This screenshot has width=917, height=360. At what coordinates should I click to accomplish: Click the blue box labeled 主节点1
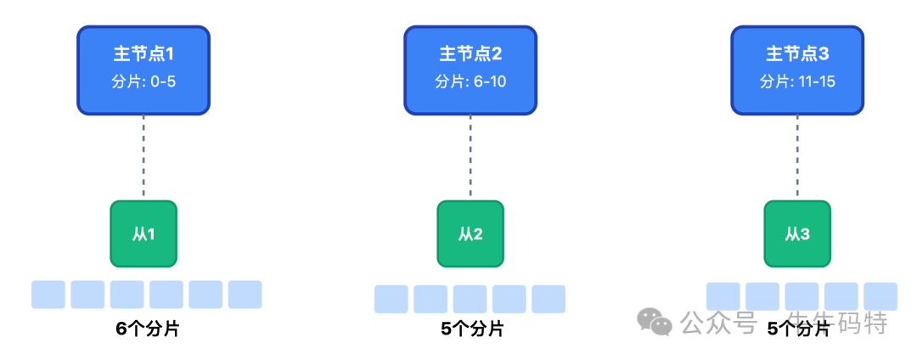(143, 70)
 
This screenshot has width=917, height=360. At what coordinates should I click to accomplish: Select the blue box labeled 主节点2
(470, 70)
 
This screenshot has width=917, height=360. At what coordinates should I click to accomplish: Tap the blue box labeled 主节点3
(797, 70)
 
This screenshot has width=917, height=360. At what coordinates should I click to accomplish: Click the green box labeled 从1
(143, 233)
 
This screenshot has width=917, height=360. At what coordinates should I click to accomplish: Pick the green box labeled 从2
(470, 233)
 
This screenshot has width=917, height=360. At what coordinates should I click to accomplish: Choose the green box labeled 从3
(797, 233)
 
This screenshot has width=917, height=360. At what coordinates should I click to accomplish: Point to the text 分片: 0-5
(143, 82)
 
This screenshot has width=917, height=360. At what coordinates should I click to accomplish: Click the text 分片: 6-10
(470, 82)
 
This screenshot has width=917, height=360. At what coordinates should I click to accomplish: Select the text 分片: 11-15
(797, 82)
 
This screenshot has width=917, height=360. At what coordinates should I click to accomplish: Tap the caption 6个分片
(147, 329)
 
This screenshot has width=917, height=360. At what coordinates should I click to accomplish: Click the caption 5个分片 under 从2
(472, 329)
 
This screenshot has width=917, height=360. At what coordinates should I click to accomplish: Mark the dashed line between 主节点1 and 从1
(143, 157)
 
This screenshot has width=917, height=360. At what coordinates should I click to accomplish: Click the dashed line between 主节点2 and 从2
(470, 157)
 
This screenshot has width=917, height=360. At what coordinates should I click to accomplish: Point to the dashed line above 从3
(797, 157)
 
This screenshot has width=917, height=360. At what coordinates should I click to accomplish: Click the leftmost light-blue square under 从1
(48, 294)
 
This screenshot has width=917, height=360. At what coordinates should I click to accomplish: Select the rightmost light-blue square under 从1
(245, 294)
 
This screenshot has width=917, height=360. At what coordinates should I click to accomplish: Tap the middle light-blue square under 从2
(470, 299)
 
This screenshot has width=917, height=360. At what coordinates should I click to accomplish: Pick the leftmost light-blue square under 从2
(391, 299)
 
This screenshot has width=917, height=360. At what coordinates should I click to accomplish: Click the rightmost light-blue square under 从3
(880, 295)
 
